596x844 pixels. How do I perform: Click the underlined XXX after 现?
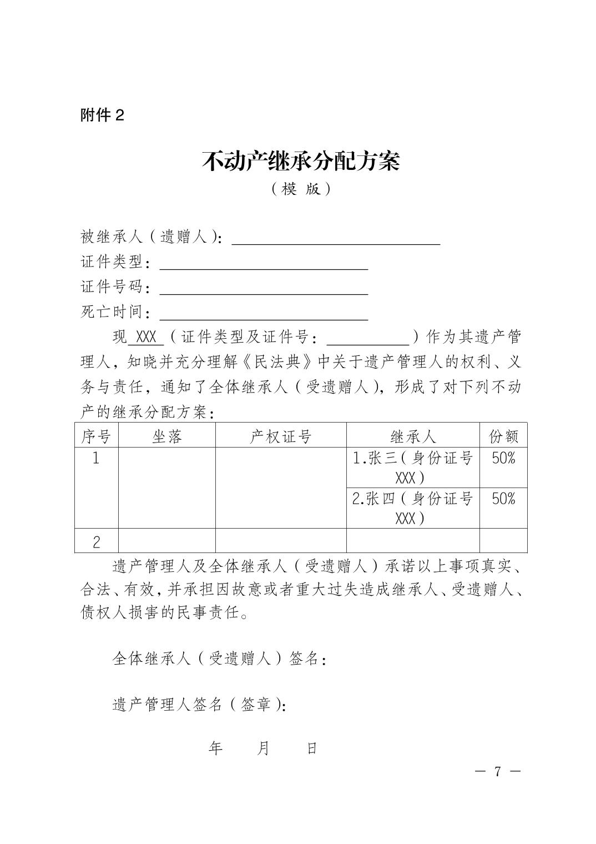click(146, 337)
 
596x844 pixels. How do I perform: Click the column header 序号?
click(97, 436)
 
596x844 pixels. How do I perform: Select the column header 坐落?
click(166, 436)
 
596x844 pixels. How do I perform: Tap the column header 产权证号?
click(280, 436)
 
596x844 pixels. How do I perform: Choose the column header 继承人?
click(413, 436)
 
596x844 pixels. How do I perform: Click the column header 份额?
click(503, 436)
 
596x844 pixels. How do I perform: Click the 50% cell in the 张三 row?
click(503, 459)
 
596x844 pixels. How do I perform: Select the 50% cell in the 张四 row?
click(503, 499)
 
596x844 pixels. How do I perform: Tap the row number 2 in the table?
click(97, 541)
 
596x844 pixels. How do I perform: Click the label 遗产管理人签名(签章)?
click(200, 705)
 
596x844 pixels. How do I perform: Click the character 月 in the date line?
click(263, 748)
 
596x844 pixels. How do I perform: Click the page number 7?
click(498, 771)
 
